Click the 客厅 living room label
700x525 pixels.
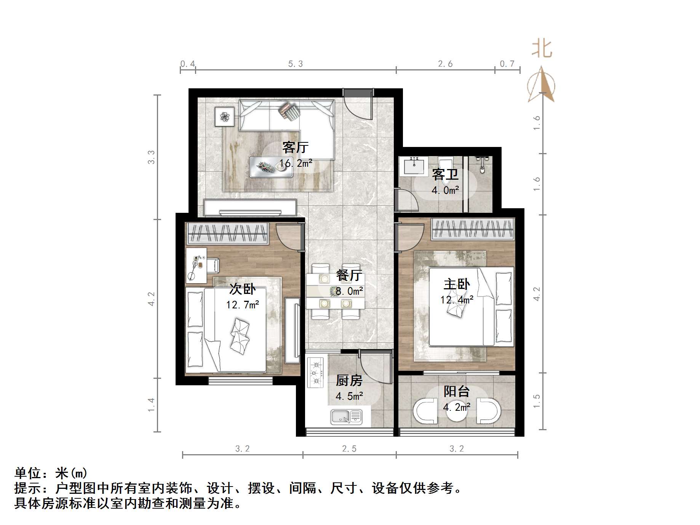tap(295, 147)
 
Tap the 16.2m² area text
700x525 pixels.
tap(296, 163)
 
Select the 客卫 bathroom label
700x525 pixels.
tap(445, 175)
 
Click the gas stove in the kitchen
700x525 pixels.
tap(316, 372)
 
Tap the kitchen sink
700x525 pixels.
tap(346, 417)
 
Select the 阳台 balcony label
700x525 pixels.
tap(457, 391)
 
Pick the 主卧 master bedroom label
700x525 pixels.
tap(457, 284)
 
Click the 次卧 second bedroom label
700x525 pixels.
tap(242, 289)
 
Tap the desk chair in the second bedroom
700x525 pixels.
tap(213, 265)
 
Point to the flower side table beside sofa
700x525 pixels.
tap(224, 116)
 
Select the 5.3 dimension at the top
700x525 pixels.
tap(296, 64)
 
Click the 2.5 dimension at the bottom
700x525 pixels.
tap(349, 449)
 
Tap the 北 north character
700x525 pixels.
tap(542, 49)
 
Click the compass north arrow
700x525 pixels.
tap(542, 85)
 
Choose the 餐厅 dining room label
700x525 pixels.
tap(349, 275)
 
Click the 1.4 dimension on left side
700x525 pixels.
tap(152, 405)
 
